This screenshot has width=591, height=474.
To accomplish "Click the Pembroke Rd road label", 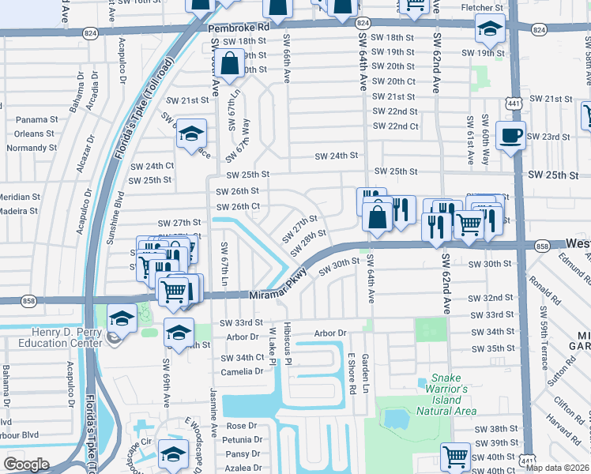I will (x=239, y=27).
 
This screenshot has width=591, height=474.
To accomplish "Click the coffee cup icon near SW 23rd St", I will (x=510, y=134).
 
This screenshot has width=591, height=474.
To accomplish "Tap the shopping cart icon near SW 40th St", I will (x=456, y=456).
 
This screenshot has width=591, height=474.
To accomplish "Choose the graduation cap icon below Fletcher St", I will (x=490, y=30).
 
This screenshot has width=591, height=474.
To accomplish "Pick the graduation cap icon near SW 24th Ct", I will (x=191, y=134).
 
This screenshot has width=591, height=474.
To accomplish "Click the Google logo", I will (x=26, y=464).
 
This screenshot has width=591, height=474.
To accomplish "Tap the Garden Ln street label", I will (x=365, y=374).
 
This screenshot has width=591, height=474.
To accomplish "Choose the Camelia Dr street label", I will (x=242, y=372).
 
